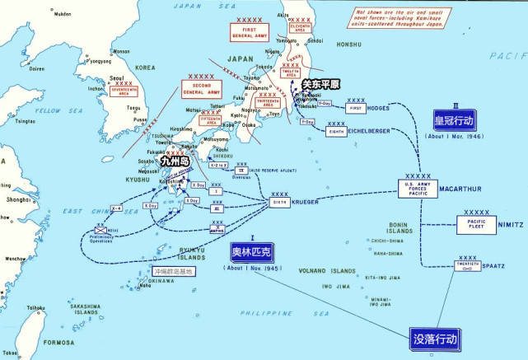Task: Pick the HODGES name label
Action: (385, 108)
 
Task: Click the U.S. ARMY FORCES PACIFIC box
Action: (418, 189)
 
